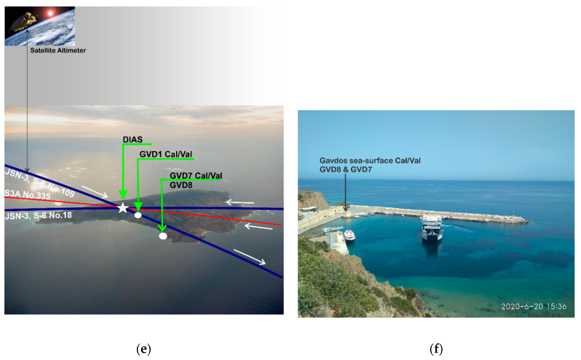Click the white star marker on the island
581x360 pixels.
click(x=123, y=208)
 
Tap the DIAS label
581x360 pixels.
click(x=132, y=139)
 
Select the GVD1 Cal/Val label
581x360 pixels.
click(x=166, y=154)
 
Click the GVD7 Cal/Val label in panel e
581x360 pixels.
click(x=196, y=176)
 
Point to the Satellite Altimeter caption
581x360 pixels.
click(x=58, y=50)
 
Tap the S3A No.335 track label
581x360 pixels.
click(x=27, y=194)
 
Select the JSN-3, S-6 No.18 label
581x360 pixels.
click(x=38, y=215)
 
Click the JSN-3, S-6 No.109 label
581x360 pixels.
click(x=40, y=183)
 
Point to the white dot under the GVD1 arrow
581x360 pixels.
click(x=138, y=215)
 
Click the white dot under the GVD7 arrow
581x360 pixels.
click(x=163, y=236)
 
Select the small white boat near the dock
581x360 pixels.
click(x=349, y=235)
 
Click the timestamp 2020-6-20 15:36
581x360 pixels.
click(x=534, y=306)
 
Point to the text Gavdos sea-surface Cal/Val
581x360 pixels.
click(x=370, y=161)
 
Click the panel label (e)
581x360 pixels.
click(x=143, y=349)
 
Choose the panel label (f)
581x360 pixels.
click(x=436, y=349)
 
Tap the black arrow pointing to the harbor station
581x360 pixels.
click(x=346, y=192)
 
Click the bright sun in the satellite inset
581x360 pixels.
click(x=50, y=13)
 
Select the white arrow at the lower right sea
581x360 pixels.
click(x=249, y=257)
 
